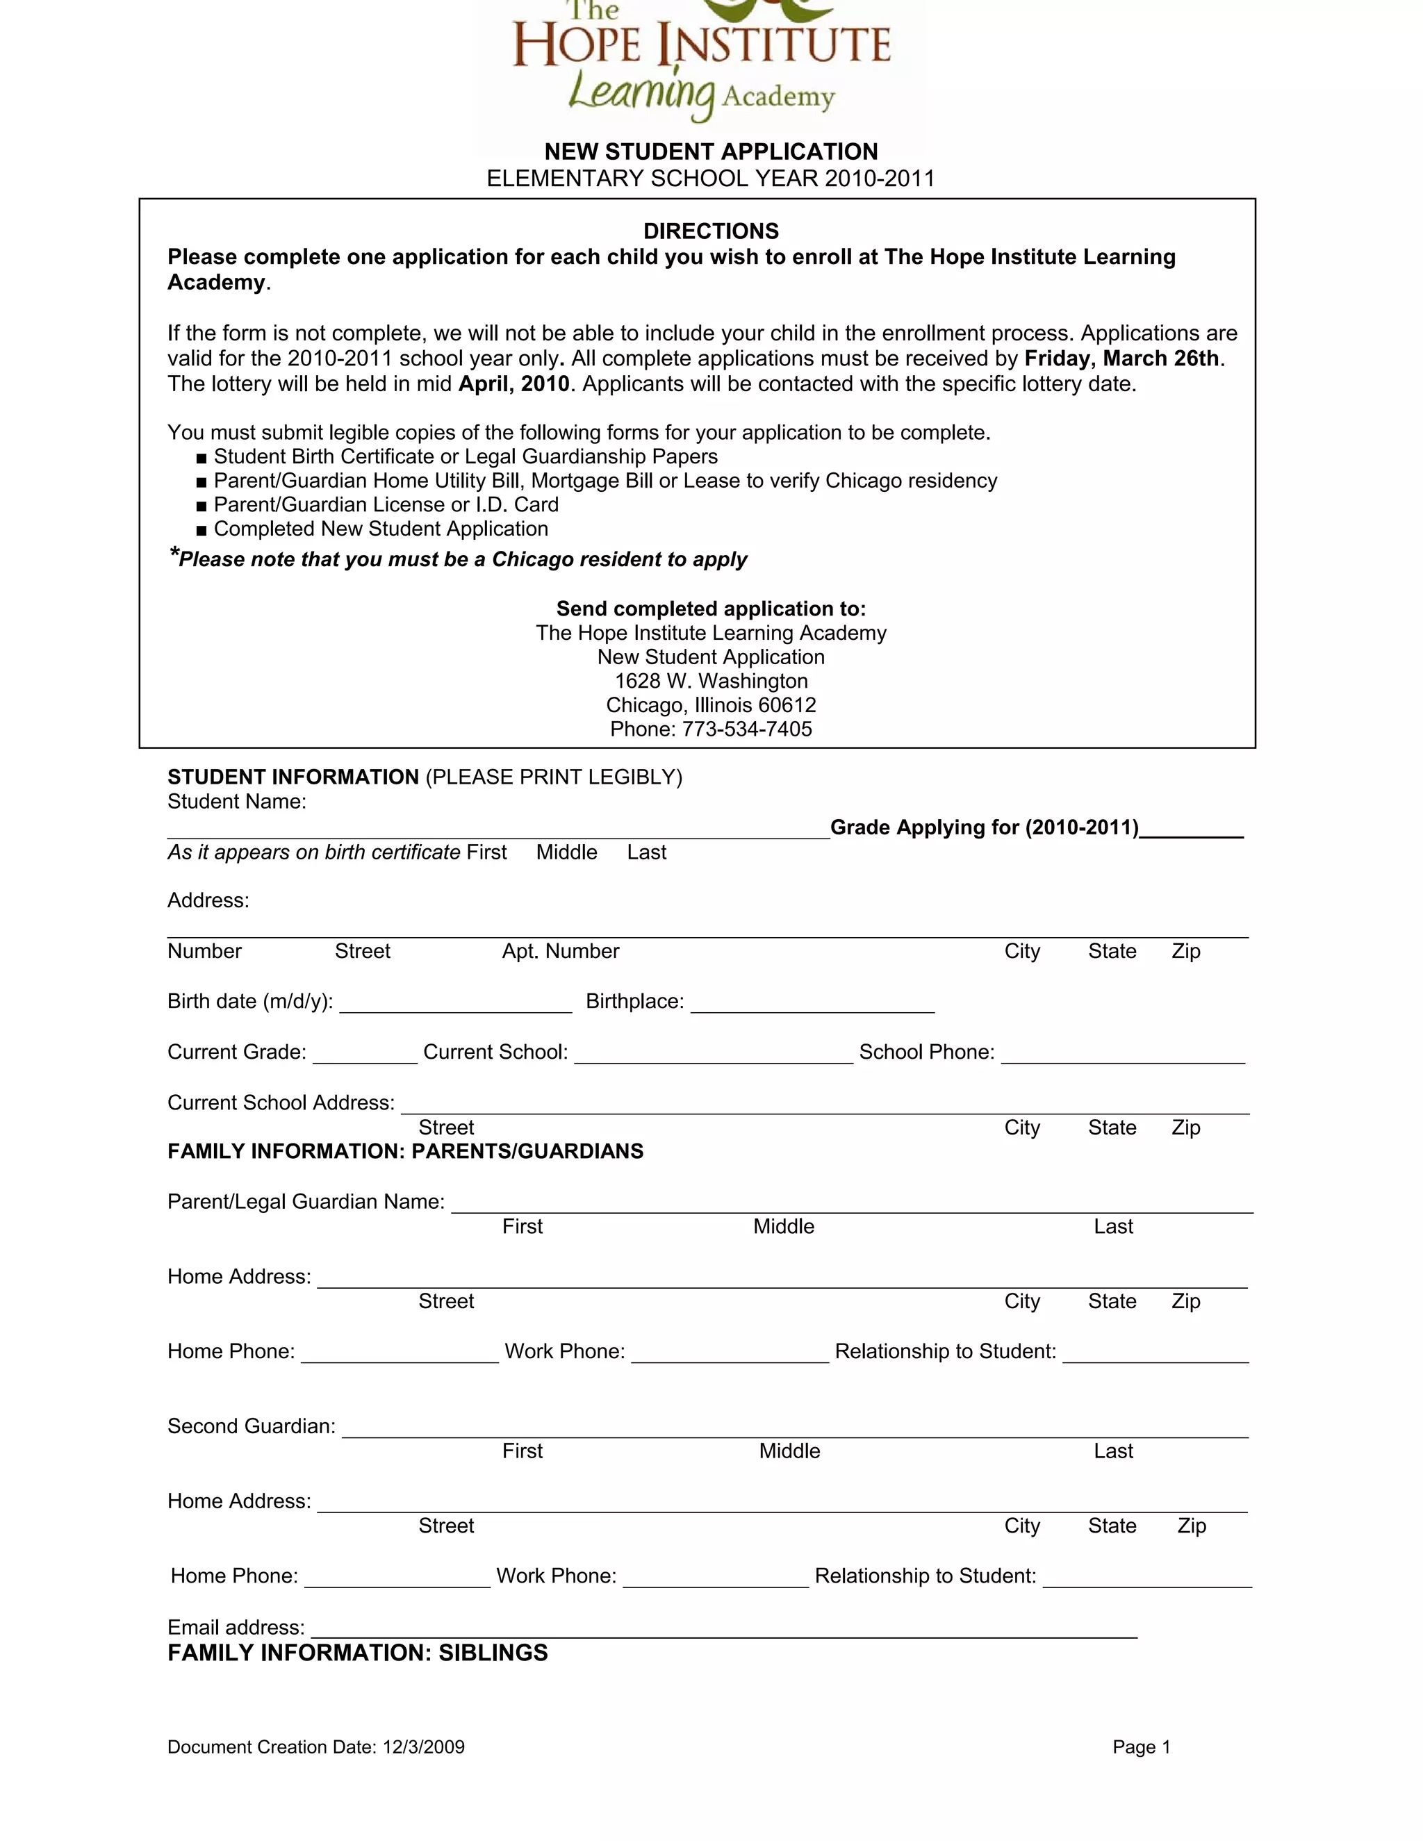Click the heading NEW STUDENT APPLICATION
[711, 151]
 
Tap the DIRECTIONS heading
[711, 231]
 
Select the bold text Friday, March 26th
[1121, 358]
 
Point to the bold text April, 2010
[514, 384]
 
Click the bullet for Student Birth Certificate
[201, 458]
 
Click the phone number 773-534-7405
[747, 729]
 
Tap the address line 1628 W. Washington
[711, 681]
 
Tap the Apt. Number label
[561, 952]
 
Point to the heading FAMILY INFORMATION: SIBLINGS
[357, 1653]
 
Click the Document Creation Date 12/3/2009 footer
[316, 1747]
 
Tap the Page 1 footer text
[1142, 1747]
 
